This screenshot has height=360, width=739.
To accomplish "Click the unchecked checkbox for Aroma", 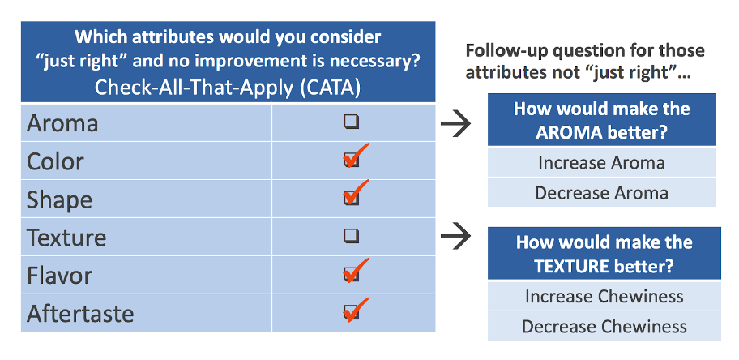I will pyautogui.click(x=351, y=122).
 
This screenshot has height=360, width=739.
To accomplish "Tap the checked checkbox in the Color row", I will pyautogui.click(x=351, y=160).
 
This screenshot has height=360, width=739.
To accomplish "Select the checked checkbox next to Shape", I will pyautogui.click(x=351, y=197).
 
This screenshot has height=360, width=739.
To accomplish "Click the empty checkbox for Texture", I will pyautogui.click(x=351, y=236).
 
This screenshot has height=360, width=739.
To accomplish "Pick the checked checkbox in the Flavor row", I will pyautogui.click(x=351, y=274).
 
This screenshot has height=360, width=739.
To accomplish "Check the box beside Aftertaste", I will pyautogui.click(x=351, y=312).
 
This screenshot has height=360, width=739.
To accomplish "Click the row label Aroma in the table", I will pyautogui.click(x=62, y=123).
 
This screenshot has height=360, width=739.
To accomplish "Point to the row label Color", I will pyautogui.click(x=55, y=161).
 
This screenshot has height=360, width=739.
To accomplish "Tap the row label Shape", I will pyautogui.click(x=59, y=199).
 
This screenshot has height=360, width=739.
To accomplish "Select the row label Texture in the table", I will pyautogui.click(x=66, y=238).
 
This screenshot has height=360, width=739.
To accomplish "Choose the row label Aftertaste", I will pyautogui.click(x=80, y=314).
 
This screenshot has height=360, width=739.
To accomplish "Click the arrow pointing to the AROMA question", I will pyautogui.click(x=455, y=123).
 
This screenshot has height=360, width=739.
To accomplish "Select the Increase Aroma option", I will pyautogui.click(x=601, y=162).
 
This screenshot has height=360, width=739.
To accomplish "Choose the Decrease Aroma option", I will pyautogui.click(x=601, y=193).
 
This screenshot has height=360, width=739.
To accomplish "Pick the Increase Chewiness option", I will pyautogui.click(x=604, y=296).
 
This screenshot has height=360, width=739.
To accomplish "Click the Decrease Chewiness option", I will pyautogui.click(x=604, y=327).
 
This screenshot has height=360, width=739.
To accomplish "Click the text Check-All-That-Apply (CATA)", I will pyautogui.click(x=228, y=87).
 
